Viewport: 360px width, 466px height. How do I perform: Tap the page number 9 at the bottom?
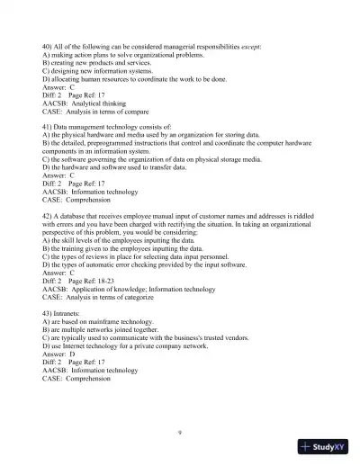coord(180,432)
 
